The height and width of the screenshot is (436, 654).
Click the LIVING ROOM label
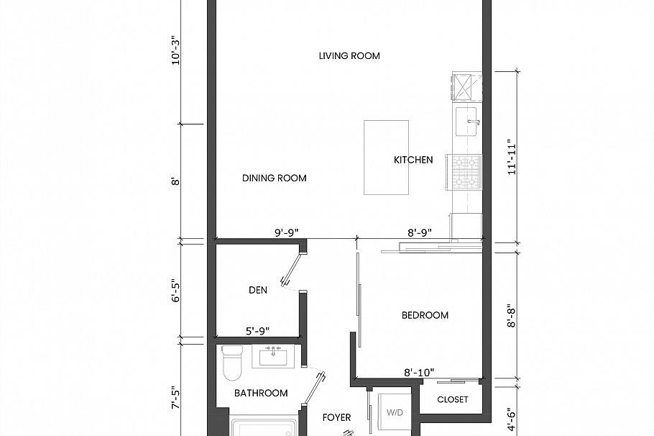click(349, 56)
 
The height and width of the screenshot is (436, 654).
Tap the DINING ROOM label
click(274, 178)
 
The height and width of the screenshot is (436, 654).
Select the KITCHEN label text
click(413, 160)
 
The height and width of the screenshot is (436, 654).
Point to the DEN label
click(258, 291)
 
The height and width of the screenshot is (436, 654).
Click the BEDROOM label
click(425, 315)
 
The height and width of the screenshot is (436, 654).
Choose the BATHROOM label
click(261, 393)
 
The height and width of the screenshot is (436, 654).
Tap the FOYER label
click(336, 417)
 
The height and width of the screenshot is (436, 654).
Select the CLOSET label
click(453, 399)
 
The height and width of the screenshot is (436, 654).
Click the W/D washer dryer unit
click(394, 412)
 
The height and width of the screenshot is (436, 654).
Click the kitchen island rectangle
click(386, 157)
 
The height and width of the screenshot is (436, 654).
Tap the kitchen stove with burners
click(463, 173)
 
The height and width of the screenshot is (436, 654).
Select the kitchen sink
click(469, 122)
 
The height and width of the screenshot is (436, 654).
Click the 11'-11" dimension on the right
click(512, 157)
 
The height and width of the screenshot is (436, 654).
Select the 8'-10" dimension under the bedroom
click(419, 373)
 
